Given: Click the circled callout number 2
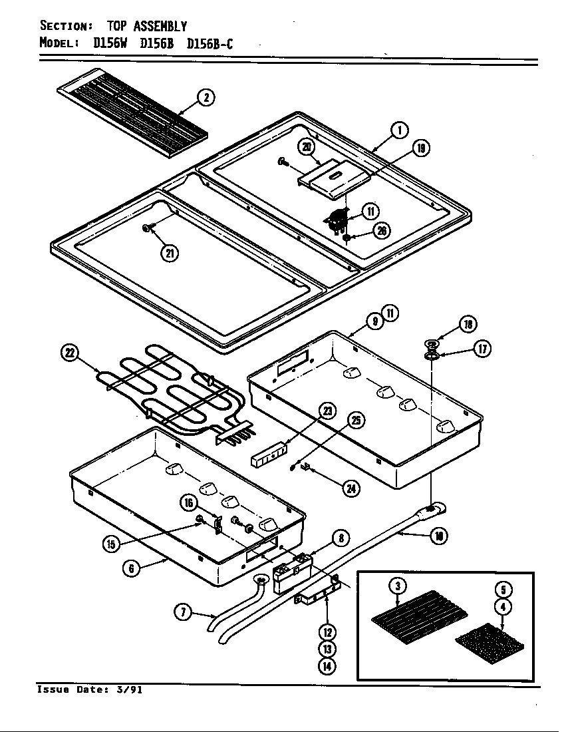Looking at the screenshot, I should coord(206,98).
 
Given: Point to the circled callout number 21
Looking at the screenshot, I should coord(170,253).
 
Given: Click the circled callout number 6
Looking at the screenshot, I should coord(133,568).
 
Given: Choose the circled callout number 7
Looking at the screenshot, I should coord(184,613).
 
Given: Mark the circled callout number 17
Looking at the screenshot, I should coord(484,348).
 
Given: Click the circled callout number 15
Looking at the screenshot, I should coord(111,544).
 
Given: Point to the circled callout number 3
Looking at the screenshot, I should coord(398,586).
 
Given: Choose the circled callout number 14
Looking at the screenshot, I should coord(327,665).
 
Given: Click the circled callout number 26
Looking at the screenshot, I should coord(382,231).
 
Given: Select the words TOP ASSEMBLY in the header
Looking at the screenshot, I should coord(147,27).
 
